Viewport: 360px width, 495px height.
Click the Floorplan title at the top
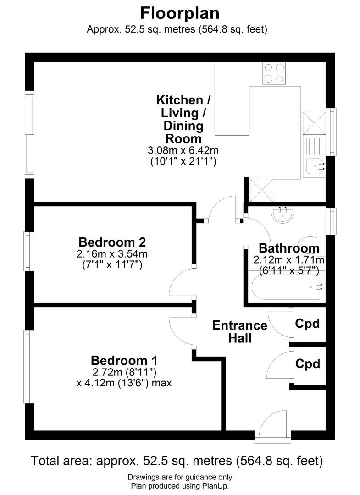180,14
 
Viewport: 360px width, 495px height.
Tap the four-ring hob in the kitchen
274,73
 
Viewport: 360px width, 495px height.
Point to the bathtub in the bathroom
287,286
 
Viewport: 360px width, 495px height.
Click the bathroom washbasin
282,214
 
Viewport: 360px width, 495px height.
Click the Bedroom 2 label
112,242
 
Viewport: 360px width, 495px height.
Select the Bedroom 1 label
124,360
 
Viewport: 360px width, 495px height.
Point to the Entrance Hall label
240,331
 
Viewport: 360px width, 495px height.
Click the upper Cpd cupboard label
308,324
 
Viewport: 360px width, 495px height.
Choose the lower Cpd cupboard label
308,363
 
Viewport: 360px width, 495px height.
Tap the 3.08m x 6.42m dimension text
183,150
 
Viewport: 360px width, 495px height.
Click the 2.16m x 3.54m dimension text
112,253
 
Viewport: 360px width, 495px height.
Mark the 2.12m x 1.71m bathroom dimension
289,260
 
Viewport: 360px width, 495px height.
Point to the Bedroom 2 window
29,251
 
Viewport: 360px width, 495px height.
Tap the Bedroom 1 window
29,367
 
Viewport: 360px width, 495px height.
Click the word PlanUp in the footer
215,486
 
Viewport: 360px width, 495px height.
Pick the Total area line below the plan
177,461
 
